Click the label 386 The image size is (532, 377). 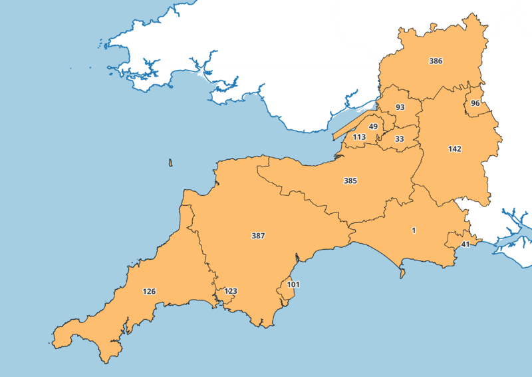(436, 61)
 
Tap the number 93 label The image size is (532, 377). (400, 107)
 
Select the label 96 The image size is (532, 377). (475, 103)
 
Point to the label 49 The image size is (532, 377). (373, 127)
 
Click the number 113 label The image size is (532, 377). (359, 137)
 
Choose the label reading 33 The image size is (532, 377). (399, 139)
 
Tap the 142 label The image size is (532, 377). (455, 149)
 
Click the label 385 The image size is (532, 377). (350, 181)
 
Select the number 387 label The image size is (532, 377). (258, 236)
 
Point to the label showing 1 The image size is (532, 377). (414, 230)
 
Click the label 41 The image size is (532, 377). (465, 244)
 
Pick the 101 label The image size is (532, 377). (293, 284)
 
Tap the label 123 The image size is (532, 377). (231, 291)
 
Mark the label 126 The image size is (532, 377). (149, 291)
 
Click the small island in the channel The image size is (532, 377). (171, 163)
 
